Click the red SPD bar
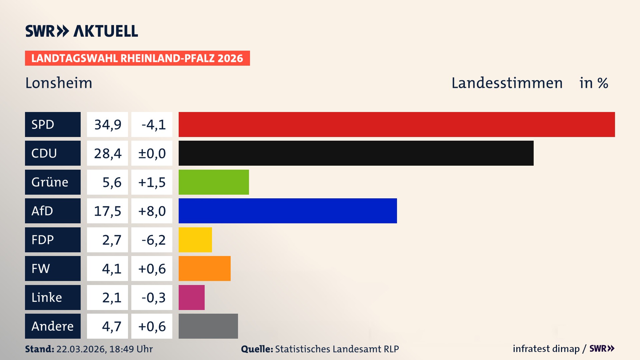[397, 124]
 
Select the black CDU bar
[356, 153]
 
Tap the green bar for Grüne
[214, 182]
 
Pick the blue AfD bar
[288, 211]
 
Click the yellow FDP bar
[195, 240]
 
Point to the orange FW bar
[204, 269]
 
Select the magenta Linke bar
[191, 297]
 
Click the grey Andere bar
[208, 326]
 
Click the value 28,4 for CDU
[107, 153]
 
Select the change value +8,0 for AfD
[152, 211]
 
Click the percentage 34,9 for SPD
[107, 124]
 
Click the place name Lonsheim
[59, 83]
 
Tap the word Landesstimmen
[507, 83]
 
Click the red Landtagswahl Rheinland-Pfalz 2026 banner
[137, 58]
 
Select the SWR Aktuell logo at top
[82, 31]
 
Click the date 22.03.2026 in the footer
[81, 349]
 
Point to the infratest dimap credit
[546, 349]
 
